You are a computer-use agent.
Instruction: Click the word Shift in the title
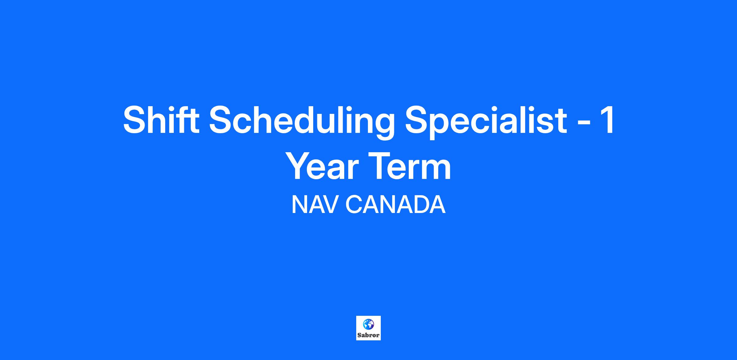161,119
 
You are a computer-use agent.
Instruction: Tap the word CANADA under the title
396,205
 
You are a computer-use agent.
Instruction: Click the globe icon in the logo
368,324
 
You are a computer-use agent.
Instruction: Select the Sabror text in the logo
368,335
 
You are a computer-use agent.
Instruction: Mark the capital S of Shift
135,120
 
